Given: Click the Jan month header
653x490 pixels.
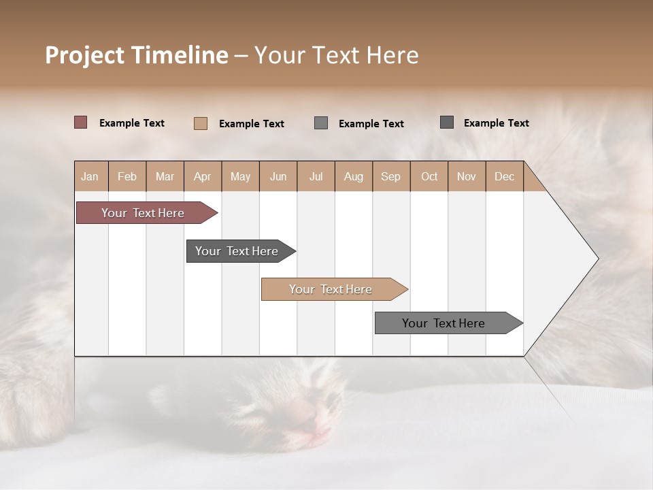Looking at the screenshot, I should point(90,176).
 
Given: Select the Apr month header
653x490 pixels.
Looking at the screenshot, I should point(203,176).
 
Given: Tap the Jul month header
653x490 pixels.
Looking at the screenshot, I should point(316,176).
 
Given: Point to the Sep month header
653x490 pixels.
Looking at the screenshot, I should point(391,176).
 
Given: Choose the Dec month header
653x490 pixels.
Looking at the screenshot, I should point(504,176).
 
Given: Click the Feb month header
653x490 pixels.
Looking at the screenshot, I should point(127,176).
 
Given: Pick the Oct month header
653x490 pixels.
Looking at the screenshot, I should point(429,176).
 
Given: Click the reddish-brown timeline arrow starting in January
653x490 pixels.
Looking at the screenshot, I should point(143,213).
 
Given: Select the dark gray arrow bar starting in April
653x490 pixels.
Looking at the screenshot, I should point(237,251).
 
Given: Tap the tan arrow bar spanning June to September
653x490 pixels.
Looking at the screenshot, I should point(331,289).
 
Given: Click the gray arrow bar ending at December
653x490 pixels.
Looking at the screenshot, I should point(443,323).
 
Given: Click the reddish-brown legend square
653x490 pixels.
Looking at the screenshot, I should point(81,122).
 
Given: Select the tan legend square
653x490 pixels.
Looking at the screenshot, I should point(201,123).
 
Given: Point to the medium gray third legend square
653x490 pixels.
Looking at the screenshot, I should point(321,123).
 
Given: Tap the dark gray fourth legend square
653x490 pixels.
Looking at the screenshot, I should point(447,122).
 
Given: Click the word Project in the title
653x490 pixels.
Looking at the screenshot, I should point(84,55).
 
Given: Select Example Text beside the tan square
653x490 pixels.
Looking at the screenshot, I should point(251,124).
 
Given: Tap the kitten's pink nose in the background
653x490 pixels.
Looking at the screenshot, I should point(303,412).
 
